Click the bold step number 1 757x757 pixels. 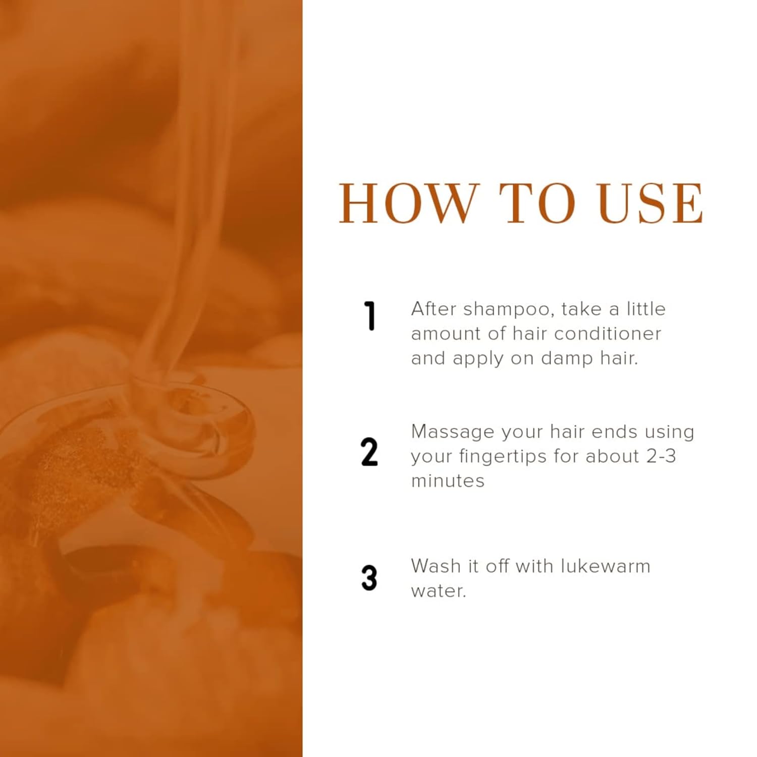pos(370,316)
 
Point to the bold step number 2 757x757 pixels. pos(369,452)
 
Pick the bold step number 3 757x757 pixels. pos(369,578)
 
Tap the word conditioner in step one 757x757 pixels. pos(608,334)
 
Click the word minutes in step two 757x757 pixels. pos(448,481)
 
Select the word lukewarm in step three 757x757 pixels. pos(606,566)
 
